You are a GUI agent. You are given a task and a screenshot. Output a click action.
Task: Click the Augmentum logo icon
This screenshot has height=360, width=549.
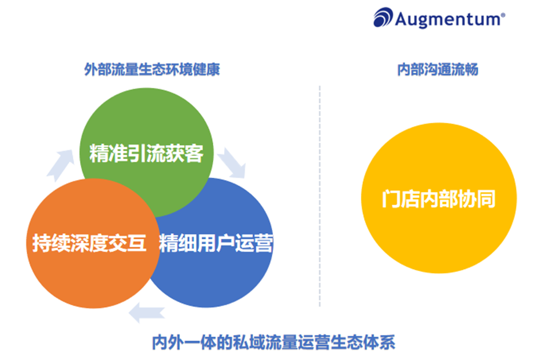click(383, 18)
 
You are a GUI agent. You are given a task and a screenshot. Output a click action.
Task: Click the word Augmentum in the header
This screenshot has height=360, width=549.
click(447, 18)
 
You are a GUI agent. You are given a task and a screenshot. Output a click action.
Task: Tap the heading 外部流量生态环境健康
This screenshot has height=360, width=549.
click(152, 70)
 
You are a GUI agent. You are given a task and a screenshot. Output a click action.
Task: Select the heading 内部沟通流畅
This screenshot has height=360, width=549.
click(437, 70)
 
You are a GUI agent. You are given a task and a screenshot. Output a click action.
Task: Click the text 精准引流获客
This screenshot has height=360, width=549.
click(146, 153)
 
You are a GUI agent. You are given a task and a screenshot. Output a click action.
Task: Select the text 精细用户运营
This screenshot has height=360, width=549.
click(216, 243)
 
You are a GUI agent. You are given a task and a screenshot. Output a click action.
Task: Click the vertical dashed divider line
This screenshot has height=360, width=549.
click(320, 194)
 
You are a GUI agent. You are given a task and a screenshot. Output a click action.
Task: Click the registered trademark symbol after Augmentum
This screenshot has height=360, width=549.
click(503, 15)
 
